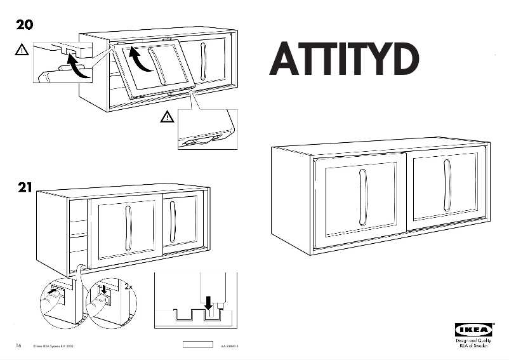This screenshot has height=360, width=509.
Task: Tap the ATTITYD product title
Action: click(345, 59)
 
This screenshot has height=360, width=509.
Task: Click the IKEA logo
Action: click(473, 330)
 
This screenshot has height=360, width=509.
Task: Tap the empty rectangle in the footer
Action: click(197, 345)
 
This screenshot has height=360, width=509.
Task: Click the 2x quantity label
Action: click(129, 287)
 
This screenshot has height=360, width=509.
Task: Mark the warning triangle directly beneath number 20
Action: click(22, 48)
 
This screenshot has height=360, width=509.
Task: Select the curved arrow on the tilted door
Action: click(140, 62)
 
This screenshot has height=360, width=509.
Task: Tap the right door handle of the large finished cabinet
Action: click(447, 185)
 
